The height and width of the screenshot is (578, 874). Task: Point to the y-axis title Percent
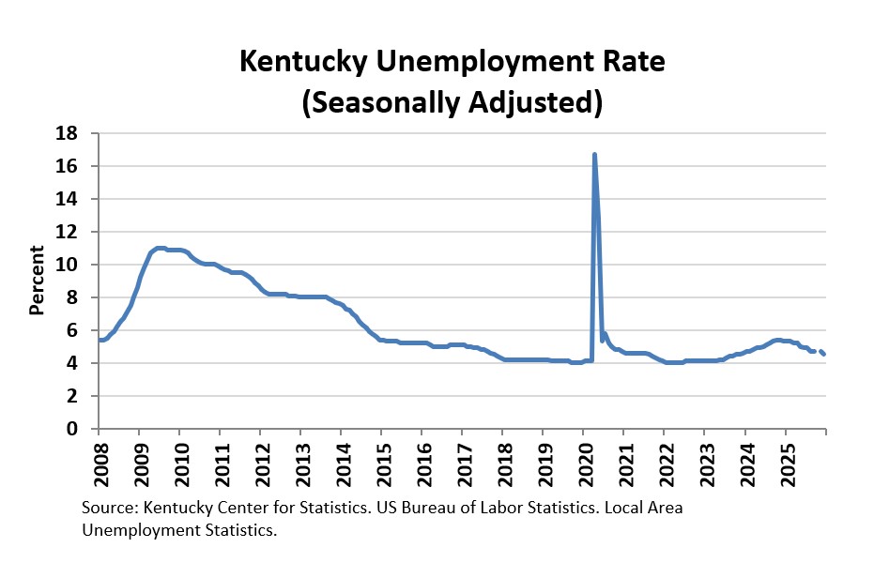pyautogui.click(x=38, y=280)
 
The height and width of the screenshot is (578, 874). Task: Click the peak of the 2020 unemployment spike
pyautogui.click(x=594, y=155)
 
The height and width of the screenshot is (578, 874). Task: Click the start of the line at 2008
pyautogui.click(x=100, y=340)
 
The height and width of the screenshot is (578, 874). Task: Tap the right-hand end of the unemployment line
pyautogui.click(x=823, y=354)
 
